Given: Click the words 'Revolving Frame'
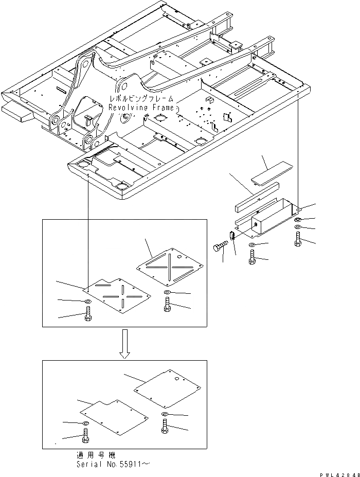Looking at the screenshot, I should [141, 107].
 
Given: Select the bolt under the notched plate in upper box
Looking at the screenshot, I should [87, 313].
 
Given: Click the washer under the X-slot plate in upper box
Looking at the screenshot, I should [169, 293].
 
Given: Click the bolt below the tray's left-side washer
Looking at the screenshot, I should [252, 256].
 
